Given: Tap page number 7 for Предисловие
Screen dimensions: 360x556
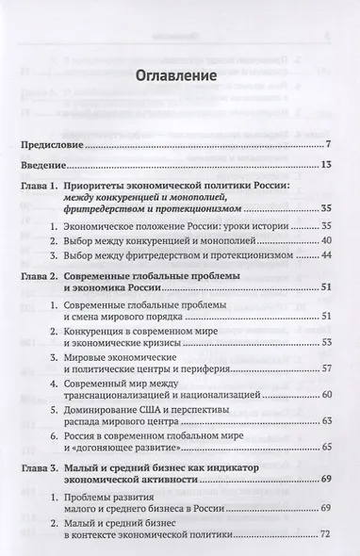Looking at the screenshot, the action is (325, 144).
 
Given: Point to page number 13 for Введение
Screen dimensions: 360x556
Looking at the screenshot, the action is (322, 166).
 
